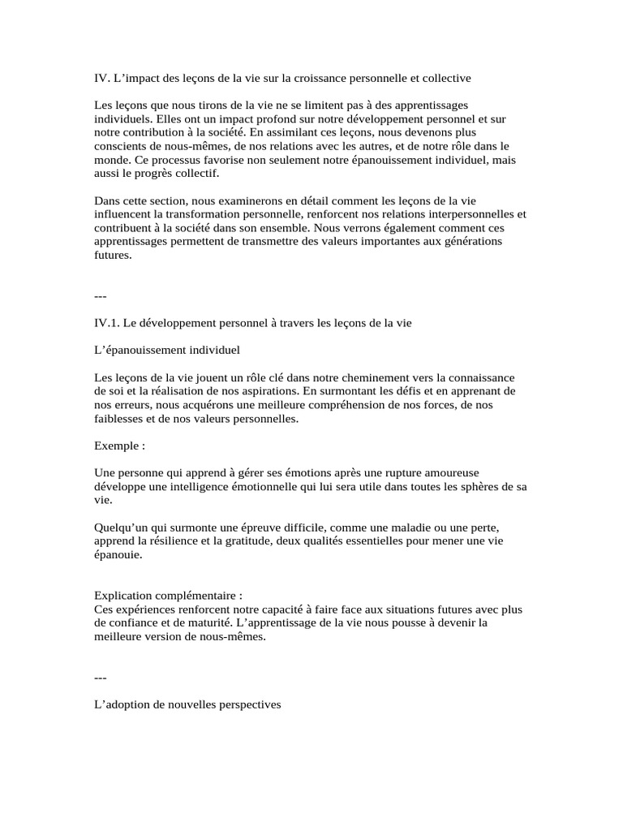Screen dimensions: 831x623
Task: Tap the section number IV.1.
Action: (x=107, y=322)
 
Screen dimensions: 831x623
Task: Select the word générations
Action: (x=470, y=242)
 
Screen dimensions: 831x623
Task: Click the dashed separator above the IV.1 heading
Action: (x=101, y=296)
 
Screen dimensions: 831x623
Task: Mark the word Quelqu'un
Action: (x=120, y=528)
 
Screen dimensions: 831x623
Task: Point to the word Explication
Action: (x=124, y=595)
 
